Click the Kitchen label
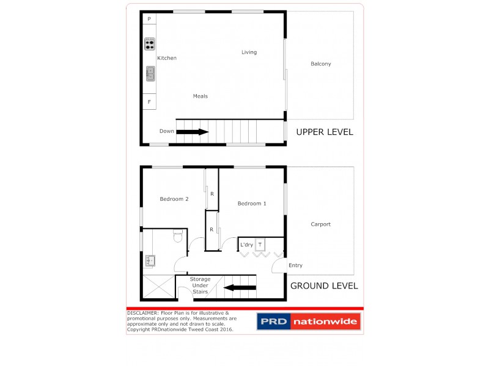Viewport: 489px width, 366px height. [x=167, y=58]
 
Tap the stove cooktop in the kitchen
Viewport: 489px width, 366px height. [x=150, y=44]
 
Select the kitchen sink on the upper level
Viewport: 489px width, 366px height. [x=150, y=74]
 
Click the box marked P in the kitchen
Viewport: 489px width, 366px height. [x=149, y=20]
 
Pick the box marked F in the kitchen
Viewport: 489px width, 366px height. [x=149, y=101]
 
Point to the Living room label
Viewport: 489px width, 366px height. [x=249, y=52]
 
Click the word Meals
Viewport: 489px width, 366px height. [x=200, y=96]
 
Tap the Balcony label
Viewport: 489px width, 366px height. [x=321, y=64]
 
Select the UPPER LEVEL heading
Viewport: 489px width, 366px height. [x=325, y=132]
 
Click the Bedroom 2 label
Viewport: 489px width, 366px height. [x=174, y=199]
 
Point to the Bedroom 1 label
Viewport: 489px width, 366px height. [x=252, y=203]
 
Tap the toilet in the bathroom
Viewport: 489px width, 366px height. [x=178, y=234]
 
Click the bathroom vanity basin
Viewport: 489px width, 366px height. [x=150, y=261]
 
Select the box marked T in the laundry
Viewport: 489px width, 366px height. [x=260, y=244]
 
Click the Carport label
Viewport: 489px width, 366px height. [x=320, y=224]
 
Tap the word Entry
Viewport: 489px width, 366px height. [x=295, y=265]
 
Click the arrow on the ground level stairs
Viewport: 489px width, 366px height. [x=240, y=288]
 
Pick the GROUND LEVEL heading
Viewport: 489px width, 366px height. [x=324, y=285]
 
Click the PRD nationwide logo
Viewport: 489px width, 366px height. [x=309, y=321]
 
